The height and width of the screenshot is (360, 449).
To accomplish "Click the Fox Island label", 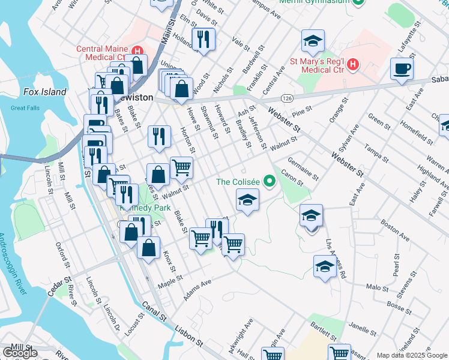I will pyautogui.click(x=44, y=92).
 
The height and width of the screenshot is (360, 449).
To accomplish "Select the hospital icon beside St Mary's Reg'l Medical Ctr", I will pyautogui.click(x=353, y=64).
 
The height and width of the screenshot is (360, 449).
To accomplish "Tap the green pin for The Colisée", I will pyautogui.click(x=270, y=180).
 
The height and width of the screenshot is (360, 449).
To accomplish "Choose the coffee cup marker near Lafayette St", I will pyautogui.click(x=402, y=68).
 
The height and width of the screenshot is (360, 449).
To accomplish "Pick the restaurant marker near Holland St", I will pyautogui.click(x=203, y=40).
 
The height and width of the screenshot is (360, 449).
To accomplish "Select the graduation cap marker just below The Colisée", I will pyautogui.click(x=246, y=200).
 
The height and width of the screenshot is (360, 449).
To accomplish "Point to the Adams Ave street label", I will pyautogui.click(x=198, y=289).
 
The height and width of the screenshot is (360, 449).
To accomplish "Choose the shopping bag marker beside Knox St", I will pyautogui.click(x=148, y=247).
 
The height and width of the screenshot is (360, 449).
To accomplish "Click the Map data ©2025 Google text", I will pyautogui.click(x=412, y=355).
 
